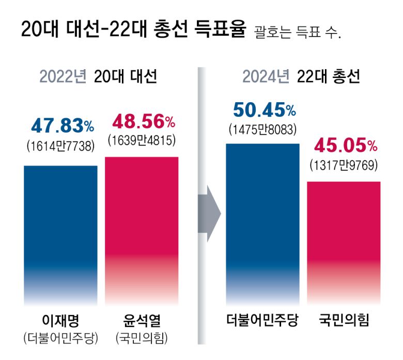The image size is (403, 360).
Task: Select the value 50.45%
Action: (x=263, y=110)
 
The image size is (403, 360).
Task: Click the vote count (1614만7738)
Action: (x=61, y=146)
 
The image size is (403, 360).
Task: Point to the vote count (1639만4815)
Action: (x=142, y=140)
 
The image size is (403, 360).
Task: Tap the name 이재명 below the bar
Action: (x=61, y=320)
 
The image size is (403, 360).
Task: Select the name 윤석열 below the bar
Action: (x=142, y=320)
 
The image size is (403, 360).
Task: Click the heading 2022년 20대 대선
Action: (x=98, y=77)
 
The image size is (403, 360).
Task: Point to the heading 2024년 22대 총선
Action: (x=302, y=77)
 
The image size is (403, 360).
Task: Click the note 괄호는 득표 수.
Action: (x=298, y=33)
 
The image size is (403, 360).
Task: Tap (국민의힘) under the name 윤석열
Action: (x=142, y=338)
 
